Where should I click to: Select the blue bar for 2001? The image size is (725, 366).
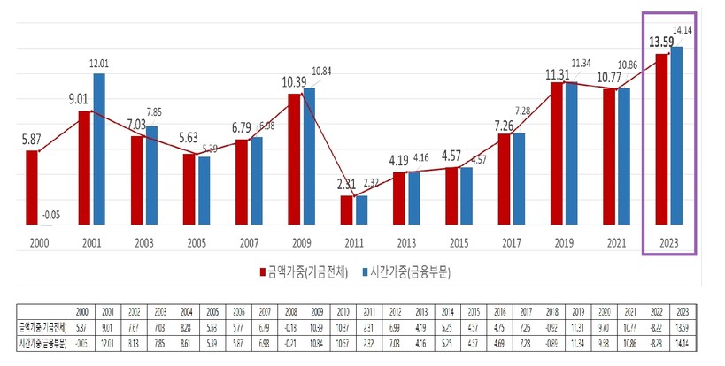coord(99,149)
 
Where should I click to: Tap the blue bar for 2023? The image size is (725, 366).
coord(677,136)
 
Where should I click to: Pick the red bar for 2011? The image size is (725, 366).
coord(347,210)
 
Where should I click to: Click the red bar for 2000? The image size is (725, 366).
coord(32,187)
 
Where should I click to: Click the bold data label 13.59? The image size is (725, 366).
coord(660,41)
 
